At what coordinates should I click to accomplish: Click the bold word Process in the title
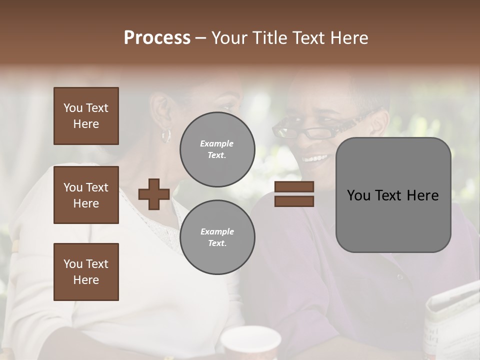(x=157, y=38)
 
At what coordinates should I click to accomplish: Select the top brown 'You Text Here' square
(x=86, y=116)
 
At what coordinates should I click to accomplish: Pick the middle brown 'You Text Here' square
(x=86, y=195)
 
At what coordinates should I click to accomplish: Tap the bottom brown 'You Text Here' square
(x=86, y=272)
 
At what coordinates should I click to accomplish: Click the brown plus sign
(x=154, y=194)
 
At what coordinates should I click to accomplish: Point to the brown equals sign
(x=294, y=194)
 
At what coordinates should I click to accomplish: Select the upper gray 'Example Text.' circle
(x=217, y=149)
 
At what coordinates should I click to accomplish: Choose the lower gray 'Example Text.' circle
(x=217, y=237)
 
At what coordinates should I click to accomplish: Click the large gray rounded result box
(x=393, y=195)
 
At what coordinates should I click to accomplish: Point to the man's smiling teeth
(x=315, y=158)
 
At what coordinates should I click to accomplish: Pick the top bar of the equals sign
(x=294, y=187)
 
